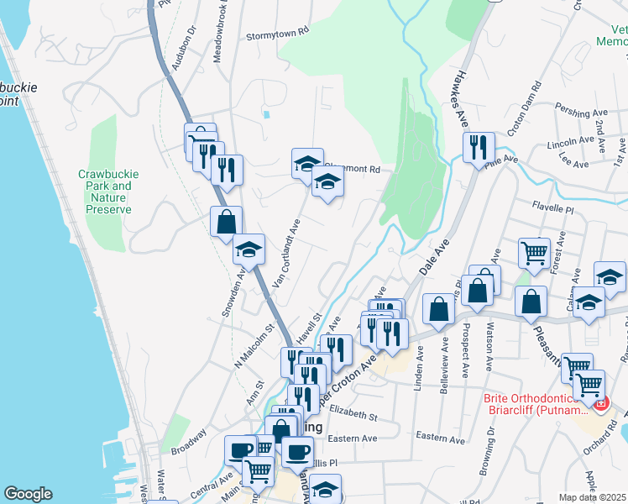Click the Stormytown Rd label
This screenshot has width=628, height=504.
[x=279, y=37]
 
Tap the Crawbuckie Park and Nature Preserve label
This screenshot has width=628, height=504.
[x=108, y=192]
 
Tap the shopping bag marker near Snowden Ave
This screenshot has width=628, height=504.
[x=226, y=223]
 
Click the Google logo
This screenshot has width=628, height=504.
[x=28, y=494]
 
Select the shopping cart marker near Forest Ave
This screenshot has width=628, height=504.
[x=534, y=250]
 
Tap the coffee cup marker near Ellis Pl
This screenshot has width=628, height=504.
[x=296, y=452]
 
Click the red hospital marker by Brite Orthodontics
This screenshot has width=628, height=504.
[x=601, y=404]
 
